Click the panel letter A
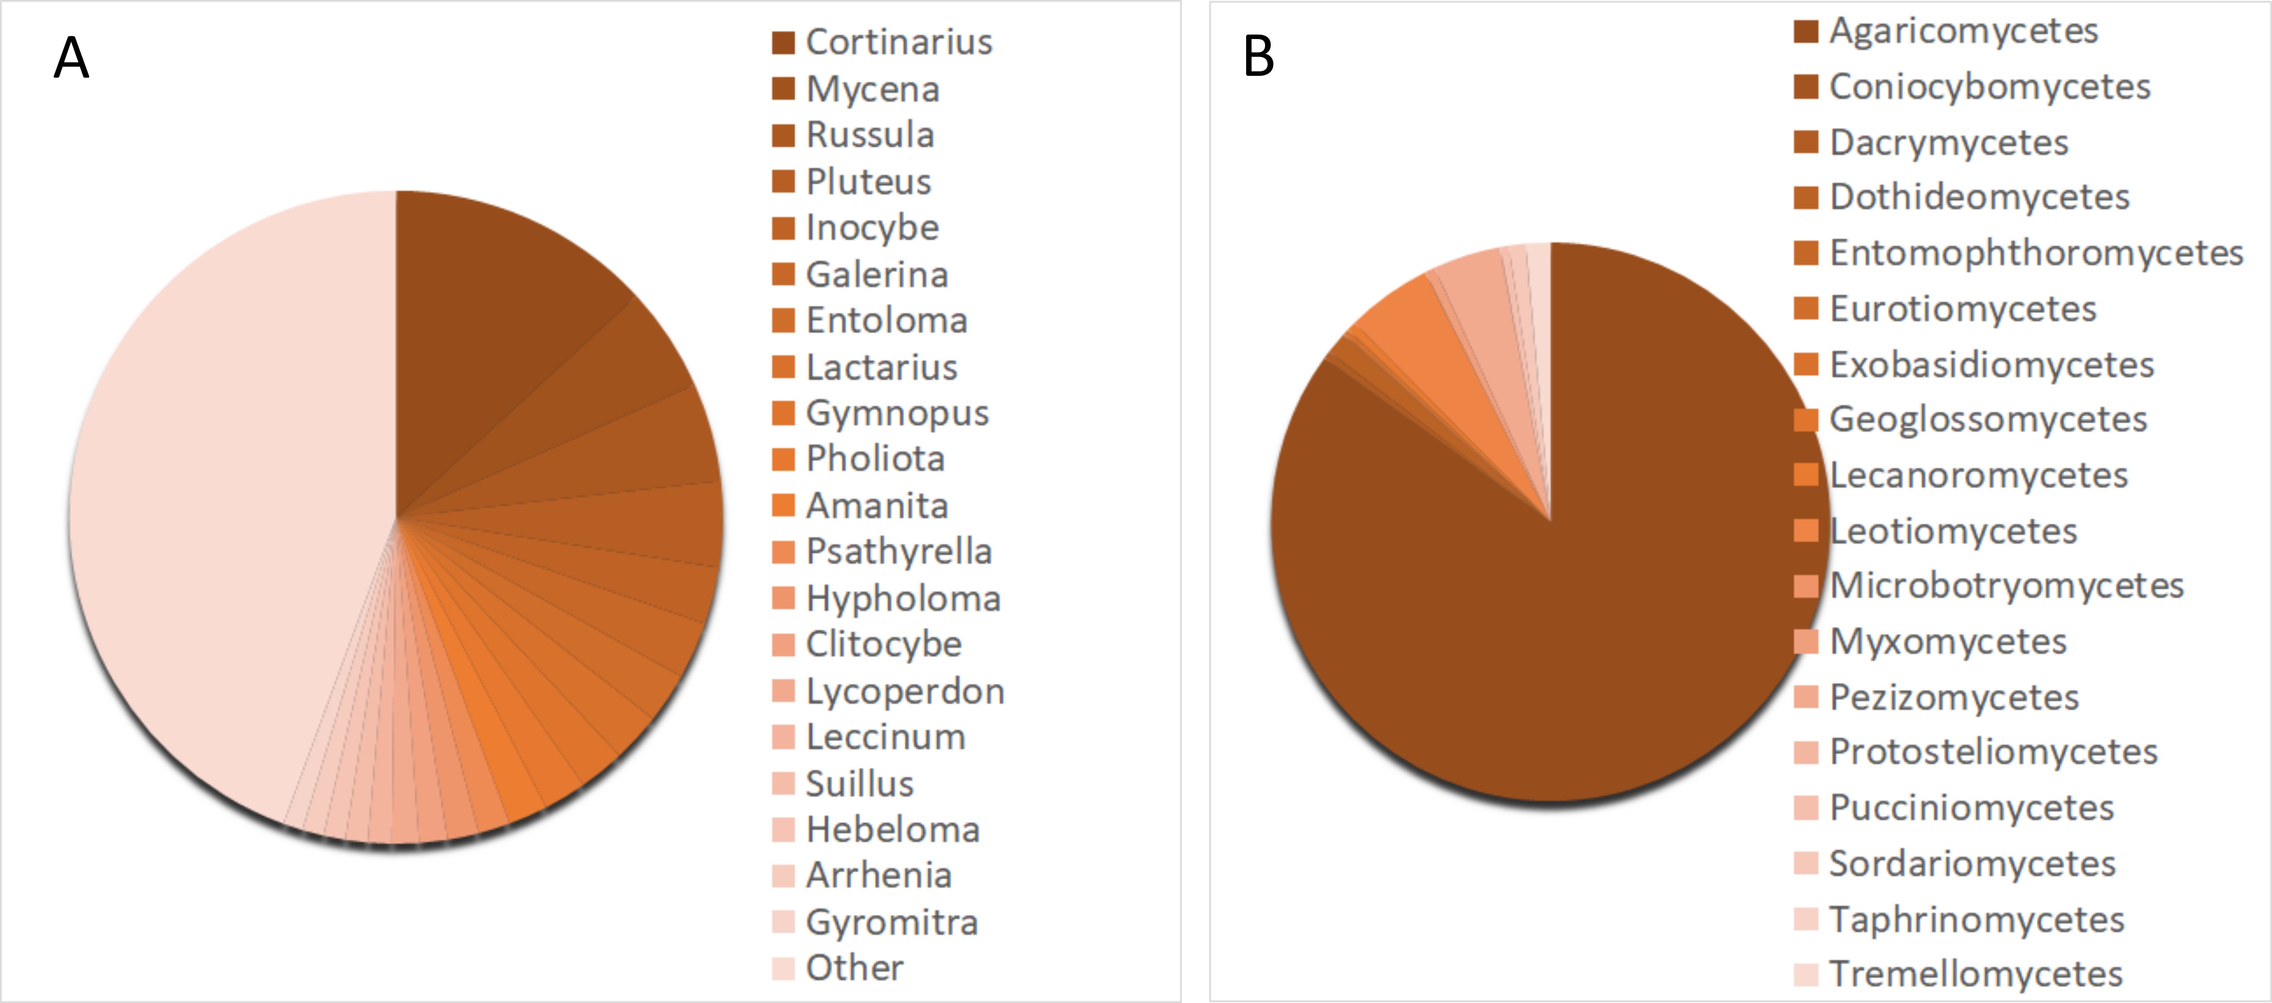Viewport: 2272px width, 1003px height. pyautogui.click(x=71, y=59)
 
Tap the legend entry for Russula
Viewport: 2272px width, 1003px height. pyautogui.click(x=870, y=135)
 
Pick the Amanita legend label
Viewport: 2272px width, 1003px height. pyautogui.click(x=877, y=505)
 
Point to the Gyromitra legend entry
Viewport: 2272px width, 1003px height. pyautogui.click(x=892, y=922)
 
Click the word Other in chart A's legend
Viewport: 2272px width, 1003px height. pyautogui.click(x=854, y=968)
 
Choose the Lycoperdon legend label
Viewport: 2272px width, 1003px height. pyautogui.click(x=905, y=691)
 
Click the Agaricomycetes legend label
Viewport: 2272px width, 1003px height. pyautogui.click(x=1963, y=31)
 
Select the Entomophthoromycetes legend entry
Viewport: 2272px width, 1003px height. pyautogui.click(x=2036, y=253)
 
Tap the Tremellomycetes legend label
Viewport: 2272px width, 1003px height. pyautogui.click(x=1976, y=974)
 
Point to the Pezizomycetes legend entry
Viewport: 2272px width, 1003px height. pyautogui.click(x=1954, y=697)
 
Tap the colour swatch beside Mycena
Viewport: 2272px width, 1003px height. pyautogui.click(x=783, y=89)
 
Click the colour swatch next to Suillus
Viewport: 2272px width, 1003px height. pyautogui.click(x=783, y=783)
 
